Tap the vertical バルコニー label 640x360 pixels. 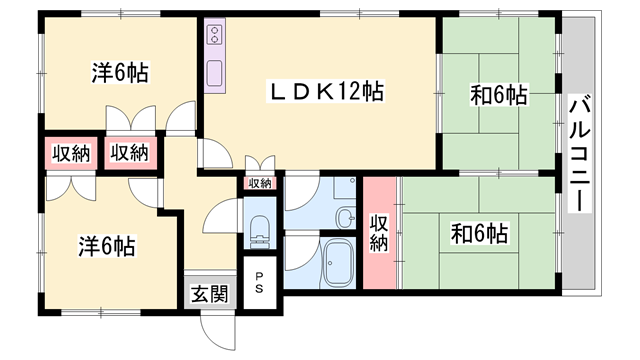[x=578, y=151]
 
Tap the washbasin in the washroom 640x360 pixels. [x=346, y=219]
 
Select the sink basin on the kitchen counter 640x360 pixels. [x=214, y=74]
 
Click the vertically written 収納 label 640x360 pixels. [x=379, y=233]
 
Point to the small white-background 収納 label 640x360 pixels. [x=259, y=183]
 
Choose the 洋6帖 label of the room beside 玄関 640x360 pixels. [x=105, y=245]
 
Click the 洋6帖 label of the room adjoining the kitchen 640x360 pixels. [x=121, y=72]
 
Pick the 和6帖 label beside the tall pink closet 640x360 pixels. [x=479, y=235]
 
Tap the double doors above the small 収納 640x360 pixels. [x=258, y=163]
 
